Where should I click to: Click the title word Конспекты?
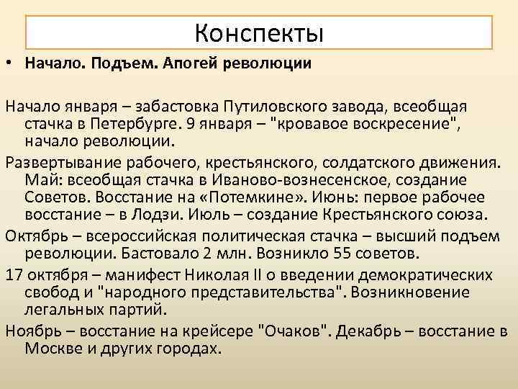coord(259,32)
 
